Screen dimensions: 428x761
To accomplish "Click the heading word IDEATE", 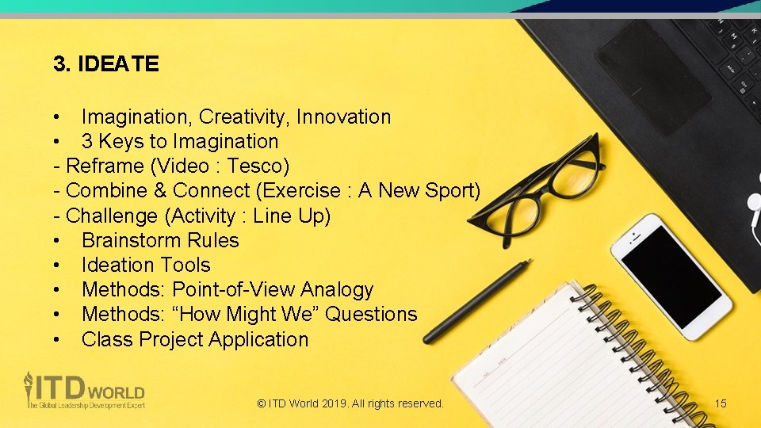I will click(118, 64).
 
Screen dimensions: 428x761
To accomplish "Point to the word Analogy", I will click(337, 289).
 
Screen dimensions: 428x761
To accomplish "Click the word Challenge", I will click(104, 216).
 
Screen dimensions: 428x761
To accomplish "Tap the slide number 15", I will click(720, 403).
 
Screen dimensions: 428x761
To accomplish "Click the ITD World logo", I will click(83, 390).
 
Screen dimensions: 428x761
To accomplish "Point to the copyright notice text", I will click(350, 403).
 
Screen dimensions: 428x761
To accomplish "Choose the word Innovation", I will click(343, 117).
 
